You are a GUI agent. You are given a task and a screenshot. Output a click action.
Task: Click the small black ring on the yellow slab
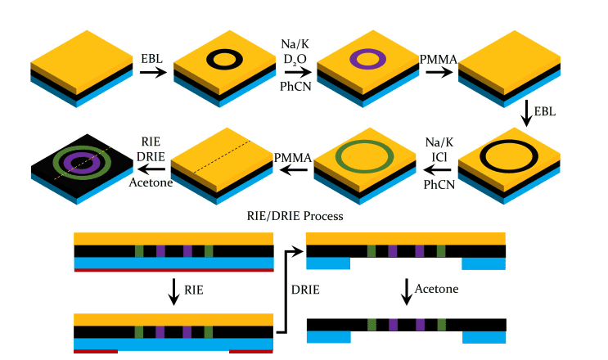207,59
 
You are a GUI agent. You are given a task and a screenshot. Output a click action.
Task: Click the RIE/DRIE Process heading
294,217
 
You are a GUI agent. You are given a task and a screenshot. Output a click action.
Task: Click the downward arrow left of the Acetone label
407,291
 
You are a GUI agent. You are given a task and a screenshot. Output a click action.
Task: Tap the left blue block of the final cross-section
328,336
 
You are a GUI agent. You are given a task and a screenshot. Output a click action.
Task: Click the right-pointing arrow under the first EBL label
151,73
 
